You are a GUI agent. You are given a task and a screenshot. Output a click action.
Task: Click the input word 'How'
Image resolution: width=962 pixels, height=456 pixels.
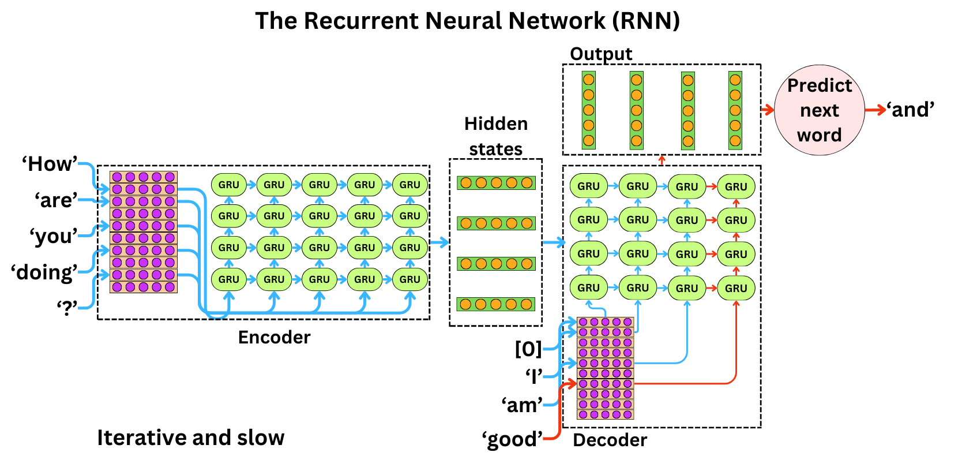tap(49, 164)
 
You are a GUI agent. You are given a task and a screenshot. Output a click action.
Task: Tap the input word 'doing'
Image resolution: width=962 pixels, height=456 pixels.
tap(44, 272)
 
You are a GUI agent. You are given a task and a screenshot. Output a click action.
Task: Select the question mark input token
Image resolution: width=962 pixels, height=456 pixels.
tap(66, 308)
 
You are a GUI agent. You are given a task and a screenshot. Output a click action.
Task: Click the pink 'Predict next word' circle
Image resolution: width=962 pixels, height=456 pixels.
tap(819, 110)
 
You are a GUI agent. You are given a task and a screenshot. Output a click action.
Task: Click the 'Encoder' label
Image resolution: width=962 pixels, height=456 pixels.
tap(274, 337)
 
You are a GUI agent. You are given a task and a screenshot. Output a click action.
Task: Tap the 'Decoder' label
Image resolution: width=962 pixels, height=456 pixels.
tap(610, 440)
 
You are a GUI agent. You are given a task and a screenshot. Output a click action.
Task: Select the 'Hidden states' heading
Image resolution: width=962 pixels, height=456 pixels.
tap(495, 136)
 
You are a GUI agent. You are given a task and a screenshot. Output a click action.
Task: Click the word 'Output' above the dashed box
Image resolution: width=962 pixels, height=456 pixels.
tap(601, 54)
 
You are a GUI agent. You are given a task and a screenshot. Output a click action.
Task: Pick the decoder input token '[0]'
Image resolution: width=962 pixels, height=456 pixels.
tap(528, 349)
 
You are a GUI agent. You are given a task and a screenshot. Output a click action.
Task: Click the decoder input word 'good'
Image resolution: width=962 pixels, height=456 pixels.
tap(512, 439)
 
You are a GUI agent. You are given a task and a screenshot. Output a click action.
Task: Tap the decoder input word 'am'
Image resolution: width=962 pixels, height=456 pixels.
tap(522, 405)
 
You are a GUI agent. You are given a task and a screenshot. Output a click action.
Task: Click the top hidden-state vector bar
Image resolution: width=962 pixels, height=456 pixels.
tap(496, 183)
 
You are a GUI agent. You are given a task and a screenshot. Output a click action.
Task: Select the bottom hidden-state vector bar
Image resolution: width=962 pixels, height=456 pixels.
tap(496, 304)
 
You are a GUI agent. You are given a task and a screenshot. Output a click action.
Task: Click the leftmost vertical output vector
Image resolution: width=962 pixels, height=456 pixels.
tap(588, 110)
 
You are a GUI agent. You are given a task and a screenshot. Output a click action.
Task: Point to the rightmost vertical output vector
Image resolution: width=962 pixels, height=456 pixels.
tap(735, 110)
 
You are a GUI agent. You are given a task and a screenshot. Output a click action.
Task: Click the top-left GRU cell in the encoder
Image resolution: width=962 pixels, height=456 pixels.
tap(228, 185)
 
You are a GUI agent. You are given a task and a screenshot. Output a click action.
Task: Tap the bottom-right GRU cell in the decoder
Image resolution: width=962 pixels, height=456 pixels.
tap(736, 288)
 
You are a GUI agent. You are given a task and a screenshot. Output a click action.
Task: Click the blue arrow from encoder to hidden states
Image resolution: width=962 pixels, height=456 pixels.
tap(439, 242)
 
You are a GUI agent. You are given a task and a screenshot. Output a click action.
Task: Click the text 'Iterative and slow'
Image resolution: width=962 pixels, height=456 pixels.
tap(190, 438)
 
